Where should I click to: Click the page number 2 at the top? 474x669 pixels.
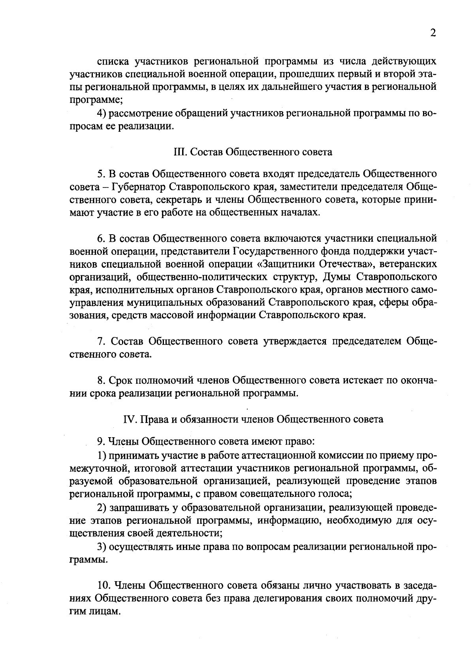433,33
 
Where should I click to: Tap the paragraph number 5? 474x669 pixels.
100,174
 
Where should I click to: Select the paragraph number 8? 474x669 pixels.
100,381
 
